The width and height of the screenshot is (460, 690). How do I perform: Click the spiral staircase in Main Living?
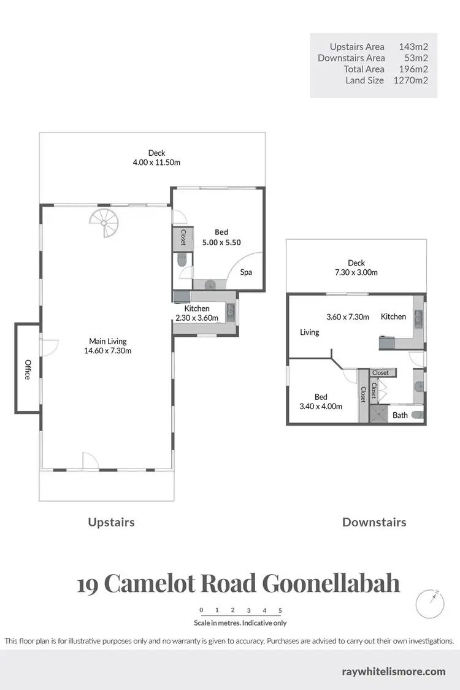point(104,224)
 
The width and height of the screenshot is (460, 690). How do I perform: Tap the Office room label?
point(28,369)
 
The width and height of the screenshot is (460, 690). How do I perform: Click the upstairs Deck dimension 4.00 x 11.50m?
point(156,163)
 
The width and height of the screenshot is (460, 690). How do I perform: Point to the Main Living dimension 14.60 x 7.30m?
point(110,351)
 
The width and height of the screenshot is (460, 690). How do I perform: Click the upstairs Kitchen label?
point(197,309)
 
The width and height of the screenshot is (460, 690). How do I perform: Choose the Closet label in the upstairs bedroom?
point(183,237)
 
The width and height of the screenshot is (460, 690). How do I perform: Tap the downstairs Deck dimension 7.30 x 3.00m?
point(356,272)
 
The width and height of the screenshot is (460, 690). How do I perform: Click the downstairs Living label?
point(310,332)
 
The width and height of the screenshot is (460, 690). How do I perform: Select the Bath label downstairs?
point(400,415)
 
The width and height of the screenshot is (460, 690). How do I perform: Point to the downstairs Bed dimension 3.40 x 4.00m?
point(321,406)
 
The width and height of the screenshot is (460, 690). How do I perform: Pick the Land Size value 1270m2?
point(410,80)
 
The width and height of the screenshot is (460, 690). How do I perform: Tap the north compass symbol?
point(429,604)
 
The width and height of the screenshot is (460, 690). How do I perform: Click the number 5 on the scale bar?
point(280,610)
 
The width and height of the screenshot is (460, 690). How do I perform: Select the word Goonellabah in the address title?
point(331,583)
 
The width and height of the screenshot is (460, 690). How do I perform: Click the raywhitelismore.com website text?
point(393,672)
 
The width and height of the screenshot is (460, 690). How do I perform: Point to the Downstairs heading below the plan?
point(374,523)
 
